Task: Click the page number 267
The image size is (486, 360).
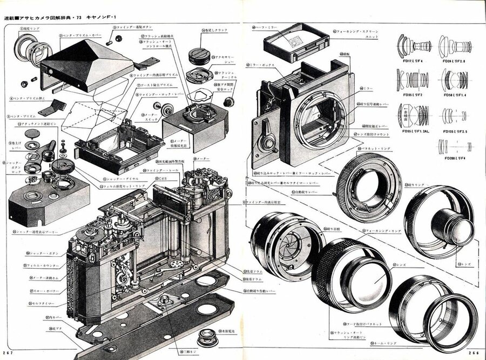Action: coord(7,352)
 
